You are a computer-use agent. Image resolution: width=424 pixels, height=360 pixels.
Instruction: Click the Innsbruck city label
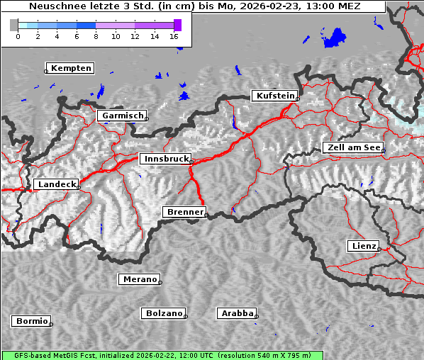164,159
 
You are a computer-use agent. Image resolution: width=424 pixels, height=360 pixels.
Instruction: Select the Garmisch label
122,116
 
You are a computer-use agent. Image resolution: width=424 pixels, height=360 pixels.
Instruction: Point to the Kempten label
69,68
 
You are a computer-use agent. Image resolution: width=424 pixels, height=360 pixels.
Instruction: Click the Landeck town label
55,184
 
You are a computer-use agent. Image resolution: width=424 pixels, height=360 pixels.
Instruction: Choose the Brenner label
184,212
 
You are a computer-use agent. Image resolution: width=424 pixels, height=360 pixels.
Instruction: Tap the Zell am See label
352,147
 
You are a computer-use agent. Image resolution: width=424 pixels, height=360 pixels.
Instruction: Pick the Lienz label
363,246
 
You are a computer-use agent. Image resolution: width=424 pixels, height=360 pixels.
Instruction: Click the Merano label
138,279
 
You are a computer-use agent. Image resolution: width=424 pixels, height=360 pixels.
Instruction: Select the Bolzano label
163,313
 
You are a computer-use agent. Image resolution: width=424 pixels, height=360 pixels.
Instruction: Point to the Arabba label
236,313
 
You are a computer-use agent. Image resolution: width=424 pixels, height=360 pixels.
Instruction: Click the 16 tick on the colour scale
174,35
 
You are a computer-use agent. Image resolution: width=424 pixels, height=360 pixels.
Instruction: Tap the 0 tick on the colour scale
18,35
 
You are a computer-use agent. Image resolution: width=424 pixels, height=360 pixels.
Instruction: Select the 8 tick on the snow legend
96,35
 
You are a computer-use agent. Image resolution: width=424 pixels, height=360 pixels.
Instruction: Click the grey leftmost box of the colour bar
14,25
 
